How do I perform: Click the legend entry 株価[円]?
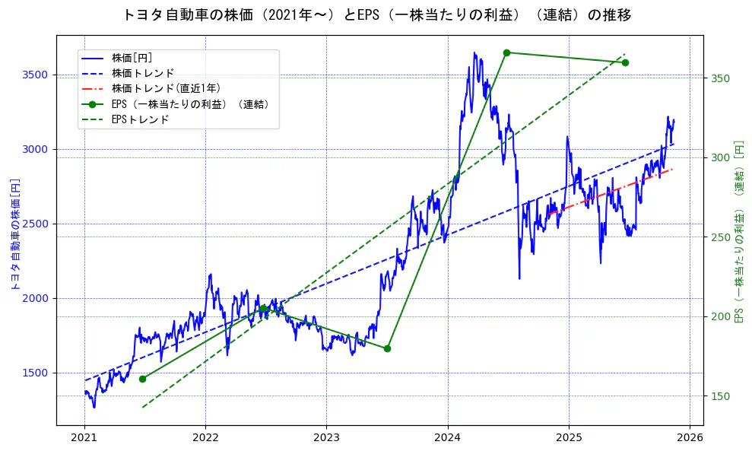tap(132, 58)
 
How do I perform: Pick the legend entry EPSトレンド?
tap(140, 119)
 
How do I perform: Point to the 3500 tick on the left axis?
tap(35, 75)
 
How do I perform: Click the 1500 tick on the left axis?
tap(35, 373)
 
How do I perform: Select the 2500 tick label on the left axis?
tap(35, 224)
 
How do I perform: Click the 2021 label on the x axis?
tap(84, 438)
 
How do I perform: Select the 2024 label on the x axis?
tap(448, 438)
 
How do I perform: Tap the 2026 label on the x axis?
tap(690, 438)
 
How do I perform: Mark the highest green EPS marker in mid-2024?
tap(506, 52)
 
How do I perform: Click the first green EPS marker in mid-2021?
tap(142, 379)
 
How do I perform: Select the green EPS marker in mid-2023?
tap(387, 348)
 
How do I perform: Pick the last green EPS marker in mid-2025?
tap(625, 62)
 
